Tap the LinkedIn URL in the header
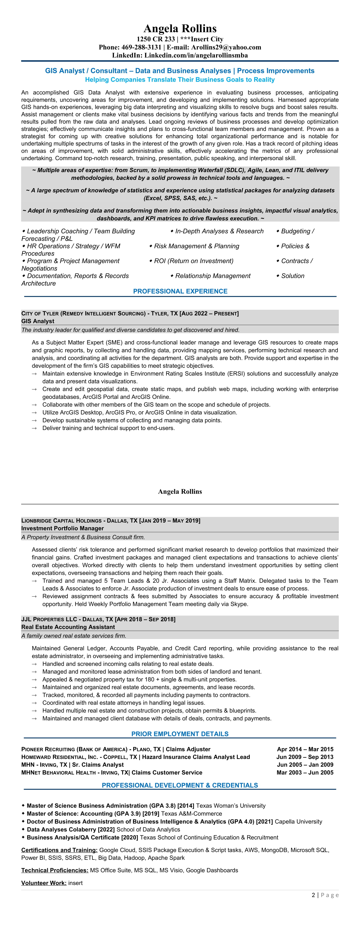(x=196, y=55)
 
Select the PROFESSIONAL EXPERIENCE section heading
(x=180, y=291)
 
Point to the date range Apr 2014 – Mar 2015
(x=305, y=749)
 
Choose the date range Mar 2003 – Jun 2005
(x=305, y=773)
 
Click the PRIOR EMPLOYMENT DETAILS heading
(x=180, y=734)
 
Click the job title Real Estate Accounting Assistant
(x=68, y=627)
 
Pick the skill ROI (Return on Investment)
(x=194, y=261)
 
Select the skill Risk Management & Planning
(x=197, y=246)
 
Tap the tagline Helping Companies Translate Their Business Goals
(x=180, y=80)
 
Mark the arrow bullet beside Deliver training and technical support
(x=34, y=428)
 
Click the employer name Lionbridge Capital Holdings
(x=61, y=521)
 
